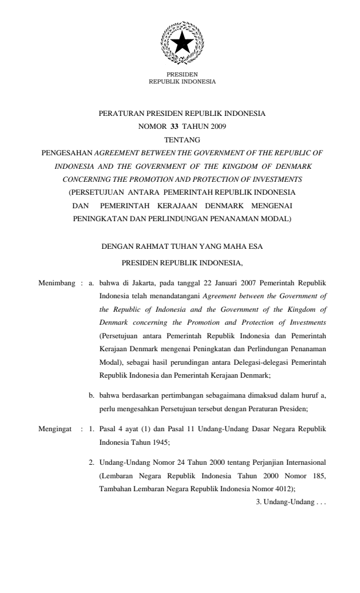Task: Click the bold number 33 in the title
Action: click(x=174, y=126)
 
